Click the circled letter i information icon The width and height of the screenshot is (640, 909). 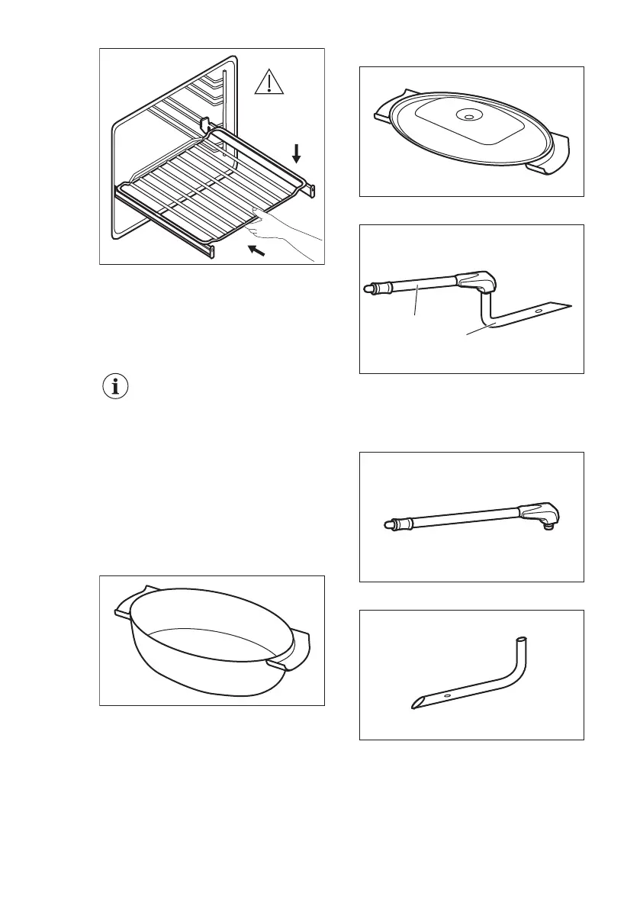(115, 387)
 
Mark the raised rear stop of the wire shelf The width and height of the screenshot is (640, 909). (204, 124)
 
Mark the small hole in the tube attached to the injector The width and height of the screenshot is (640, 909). (538, 311)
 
